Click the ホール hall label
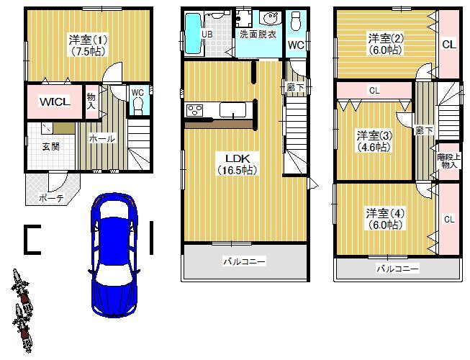pyautogui.click(x=101, y=139)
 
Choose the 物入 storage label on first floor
pyautogui.click(x=91, y=101)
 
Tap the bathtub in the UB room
pyautogui.click(x=192, y=34)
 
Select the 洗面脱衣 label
pyautogui.click(x=258, y=34)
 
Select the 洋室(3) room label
pyautogui.click(x=374, y=140)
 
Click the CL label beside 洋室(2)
pyautogui.click(x=448, y=45)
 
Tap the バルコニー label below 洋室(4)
pyautogui.click(x=397, y=269)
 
